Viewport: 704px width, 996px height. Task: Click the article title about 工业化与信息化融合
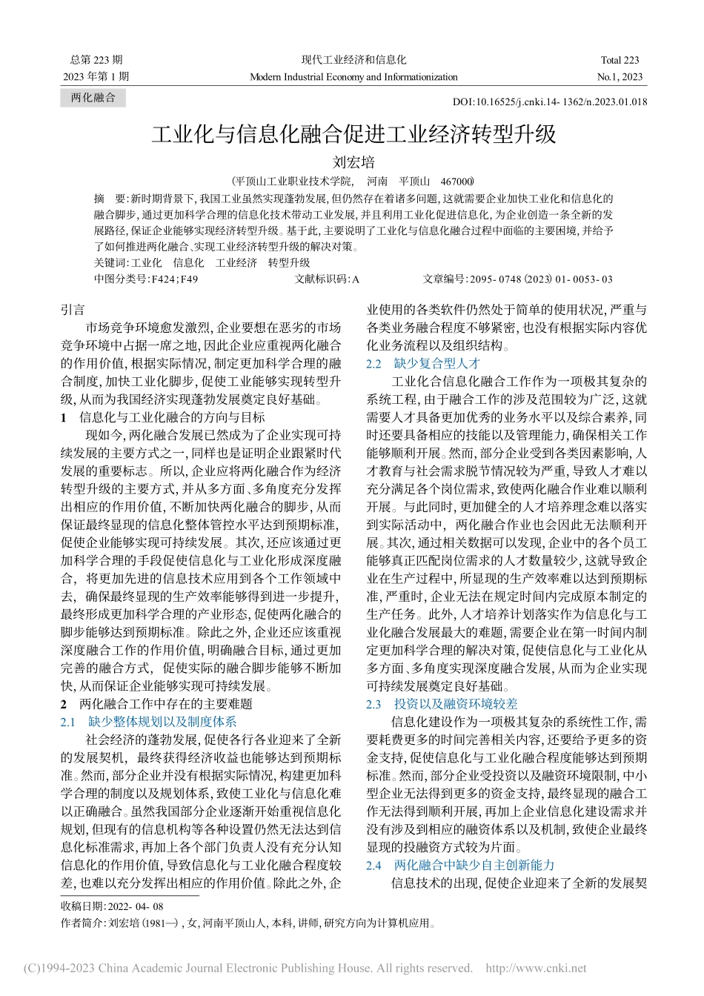click(x=353, y=135)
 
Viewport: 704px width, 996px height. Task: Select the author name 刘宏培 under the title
click(x=353, y=162)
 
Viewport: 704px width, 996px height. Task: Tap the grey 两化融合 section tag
click(x=93, y=98)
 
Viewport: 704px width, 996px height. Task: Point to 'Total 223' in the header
click(x=620, y=60)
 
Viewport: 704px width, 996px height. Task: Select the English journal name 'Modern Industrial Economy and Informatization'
click(x=353, y=76)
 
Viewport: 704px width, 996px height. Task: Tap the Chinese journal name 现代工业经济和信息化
click(x=353, y=60)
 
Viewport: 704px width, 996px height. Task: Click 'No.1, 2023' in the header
click(x=620, y=76)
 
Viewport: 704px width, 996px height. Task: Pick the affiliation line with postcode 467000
click(x=353, y=181)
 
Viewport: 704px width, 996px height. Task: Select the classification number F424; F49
click(x=147, y=279)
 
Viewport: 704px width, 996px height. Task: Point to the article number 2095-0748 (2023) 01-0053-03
click(x=517, y=279)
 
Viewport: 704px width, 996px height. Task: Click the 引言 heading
click(x=73, y=310)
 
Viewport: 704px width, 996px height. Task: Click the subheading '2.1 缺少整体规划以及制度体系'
click(x=148, y=721)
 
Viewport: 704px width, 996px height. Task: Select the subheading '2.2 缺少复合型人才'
click(x=423, y=363)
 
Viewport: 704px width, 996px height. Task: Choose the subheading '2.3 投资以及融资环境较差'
click(x=442, y=704)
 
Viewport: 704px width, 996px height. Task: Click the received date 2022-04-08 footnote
click(x=112, y=906)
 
